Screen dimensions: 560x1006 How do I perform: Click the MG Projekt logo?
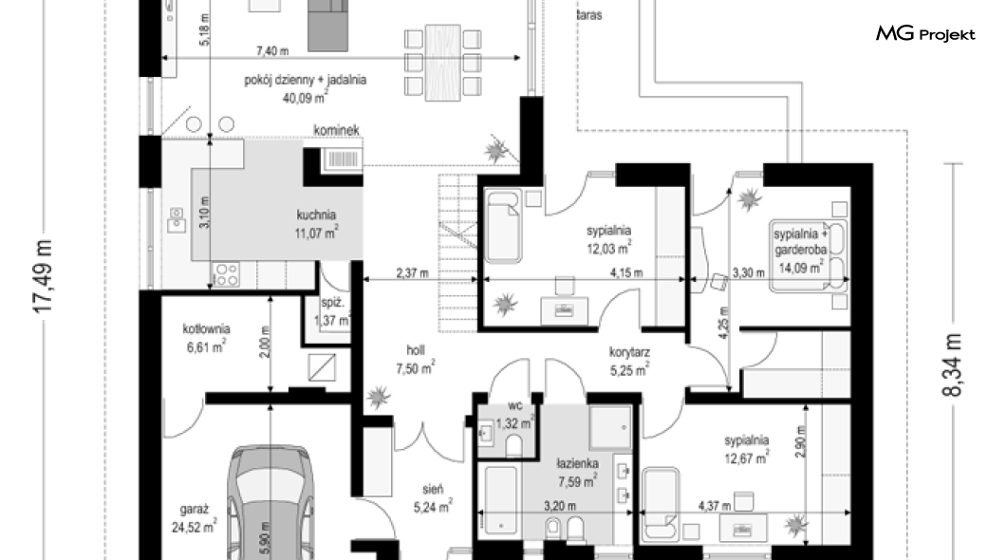[924, 35]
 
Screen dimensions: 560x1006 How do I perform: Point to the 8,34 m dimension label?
[956, 369]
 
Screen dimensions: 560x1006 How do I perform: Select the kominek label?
[336, 132]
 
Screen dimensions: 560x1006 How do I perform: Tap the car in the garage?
[268, 502]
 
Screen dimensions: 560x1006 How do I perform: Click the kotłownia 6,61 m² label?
[205, 338]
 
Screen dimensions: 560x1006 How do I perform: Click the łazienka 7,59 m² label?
[576, 473]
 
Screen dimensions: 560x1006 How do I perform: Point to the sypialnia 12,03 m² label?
[609, 239]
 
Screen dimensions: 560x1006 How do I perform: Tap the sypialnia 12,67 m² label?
[746, 448]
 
